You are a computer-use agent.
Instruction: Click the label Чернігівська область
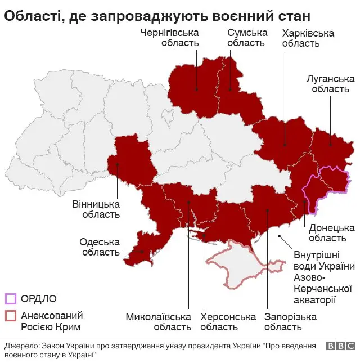[x=169, y=38]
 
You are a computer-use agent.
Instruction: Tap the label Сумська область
[x=246, y=38]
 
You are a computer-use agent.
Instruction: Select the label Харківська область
[x=308, y=38]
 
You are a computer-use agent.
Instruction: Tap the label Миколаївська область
[x=158, y=322]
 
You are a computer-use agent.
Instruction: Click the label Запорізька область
[x=290, y=322]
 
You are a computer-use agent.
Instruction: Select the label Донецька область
[x=331, y=233]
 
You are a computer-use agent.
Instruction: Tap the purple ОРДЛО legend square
[x=10, y=298]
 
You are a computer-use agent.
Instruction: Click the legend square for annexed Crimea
[x=10, y=316]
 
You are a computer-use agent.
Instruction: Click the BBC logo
[x=340, y=347]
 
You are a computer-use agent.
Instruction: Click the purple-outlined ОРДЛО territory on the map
[x=329, y=183]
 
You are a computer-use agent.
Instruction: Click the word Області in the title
[x=30, y=15]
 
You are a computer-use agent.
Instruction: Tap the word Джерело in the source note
[x=21, y=345]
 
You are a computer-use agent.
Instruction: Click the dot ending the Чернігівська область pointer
[x=196, y=89]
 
